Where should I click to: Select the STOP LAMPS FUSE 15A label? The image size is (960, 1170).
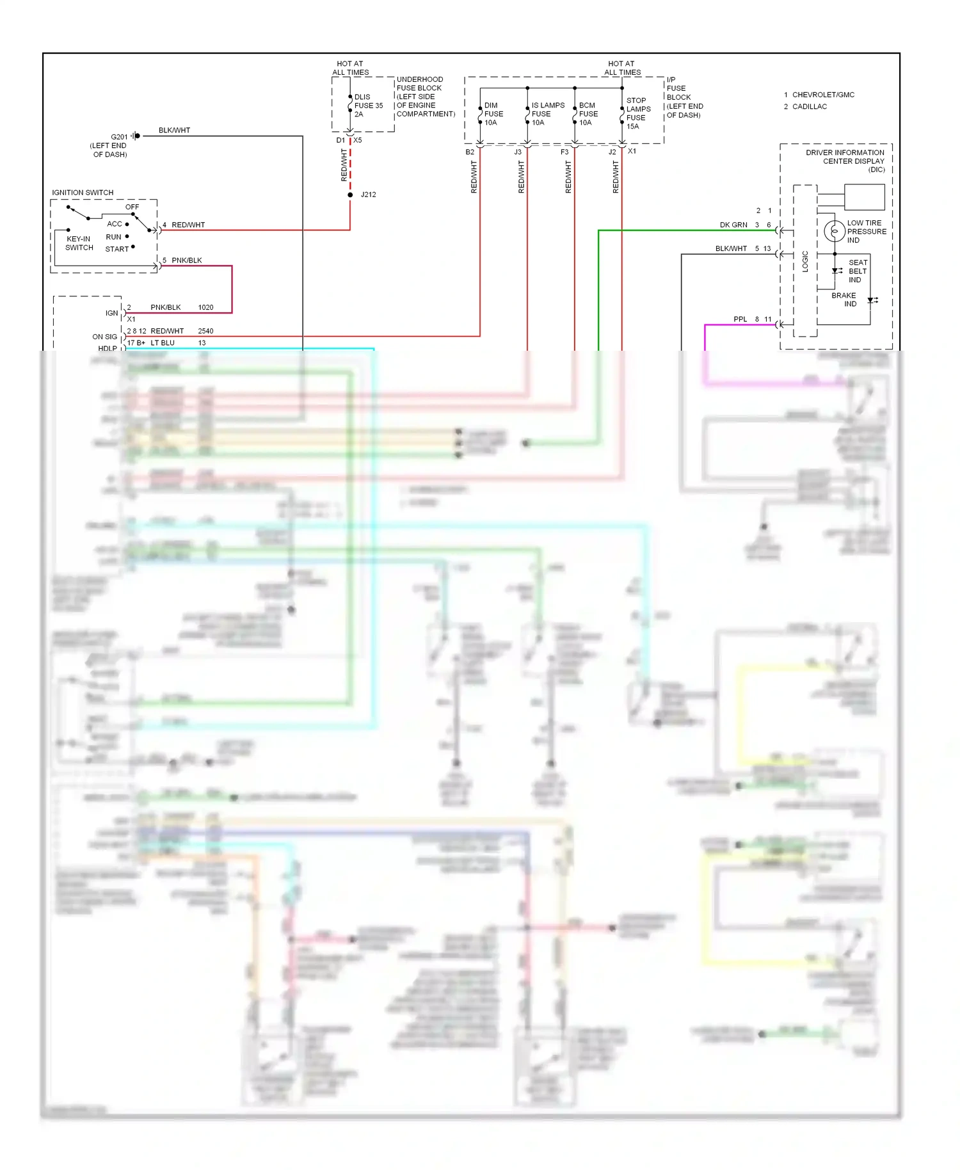638,113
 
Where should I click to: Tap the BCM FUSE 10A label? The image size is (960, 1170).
588,114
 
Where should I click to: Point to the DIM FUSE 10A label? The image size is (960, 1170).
493,114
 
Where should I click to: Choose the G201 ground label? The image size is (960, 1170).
119,137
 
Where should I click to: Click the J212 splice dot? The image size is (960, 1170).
350,195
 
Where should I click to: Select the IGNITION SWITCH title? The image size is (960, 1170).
83,193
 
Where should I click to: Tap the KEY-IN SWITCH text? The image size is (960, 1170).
79,243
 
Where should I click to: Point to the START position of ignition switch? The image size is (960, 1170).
117,249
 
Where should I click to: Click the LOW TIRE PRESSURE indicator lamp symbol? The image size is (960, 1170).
834,231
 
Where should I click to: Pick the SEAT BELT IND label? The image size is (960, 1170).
858,271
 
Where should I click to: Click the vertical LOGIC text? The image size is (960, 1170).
805,261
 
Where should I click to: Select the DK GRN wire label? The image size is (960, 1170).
733,225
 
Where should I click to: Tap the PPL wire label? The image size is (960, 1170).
740,319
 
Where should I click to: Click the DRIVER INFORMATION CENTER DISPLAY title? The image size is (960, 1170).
845,161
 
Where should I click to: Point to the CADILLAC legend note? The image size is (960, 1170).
809,107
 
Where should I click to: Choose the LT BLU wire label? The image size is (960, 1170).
163,343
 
